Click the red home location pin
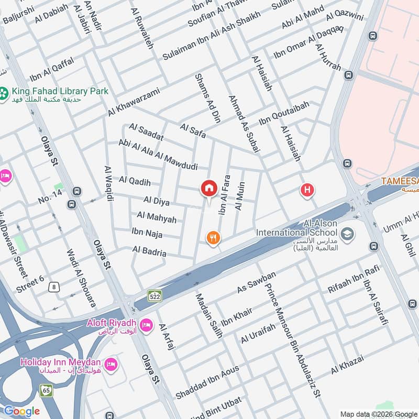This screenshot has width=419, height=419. click(208, 189)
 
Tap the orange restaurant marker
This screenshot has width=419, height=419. click(213, 238)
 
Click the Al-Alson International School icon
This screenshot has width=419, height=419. click(346, 233)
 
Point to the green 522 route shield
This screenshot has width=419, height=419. click(154, 295)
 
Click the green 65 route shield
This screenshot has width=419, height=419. click(46, 390)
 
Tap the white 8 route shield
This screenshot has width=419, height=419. click(53, 286)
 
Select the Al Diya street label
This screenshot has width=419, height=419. click(157, 201)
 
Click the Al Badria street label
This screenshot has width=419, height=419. click(149, 251)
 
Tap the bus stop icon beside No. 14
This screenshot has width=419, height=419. click(78, 191)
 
